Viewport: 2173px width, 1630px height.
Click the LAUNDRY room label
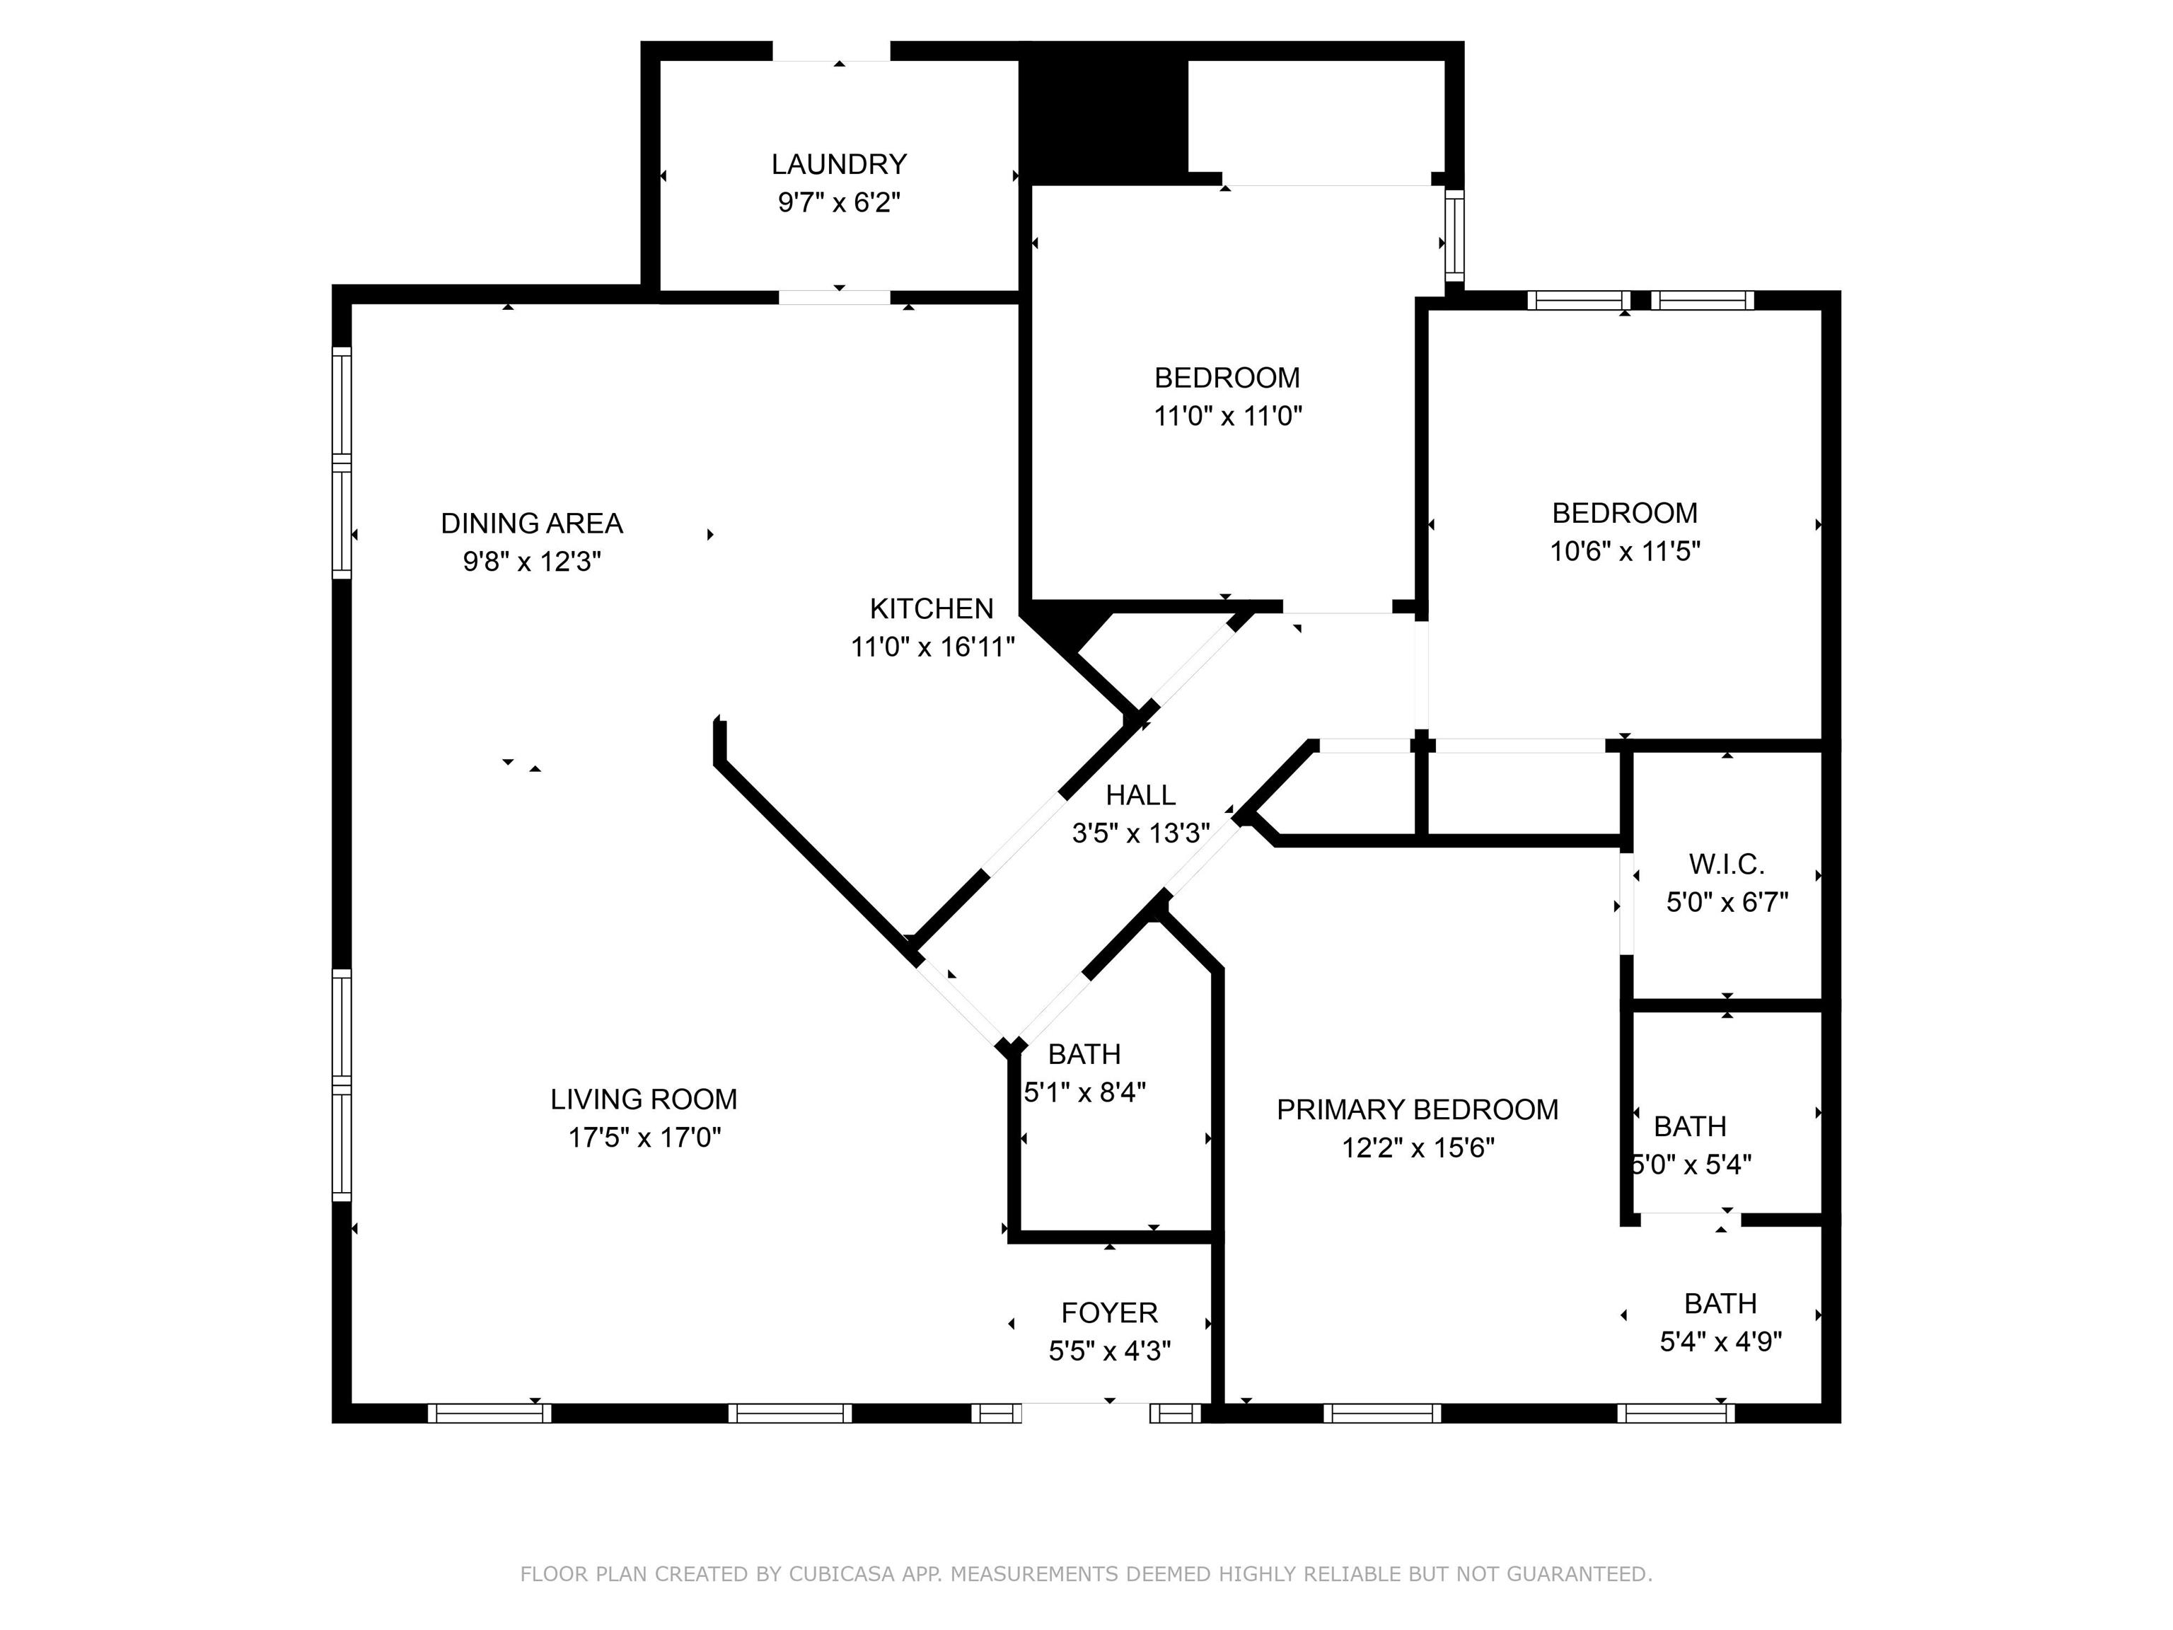pos(839,164)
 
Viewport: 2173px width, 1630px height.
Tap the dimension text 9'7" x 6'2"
pos(839,202)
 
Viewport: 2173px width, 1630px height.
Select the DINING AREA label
pos(531,524)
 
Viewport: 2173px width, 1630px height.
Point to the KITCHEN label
pos(932,609)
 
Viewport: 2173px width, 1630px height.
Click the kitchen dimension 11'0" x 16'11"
pos(932,647)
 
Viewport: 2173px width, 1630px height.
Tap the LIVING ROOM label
pos(644,1099)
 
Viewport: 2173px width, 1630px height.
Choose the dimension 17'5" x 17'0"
pos(644,1138)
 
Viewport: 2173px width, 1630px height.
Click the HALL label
pos(1140,795)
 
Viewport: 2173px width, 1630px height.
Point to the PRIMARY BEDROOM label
pos(1418,1110)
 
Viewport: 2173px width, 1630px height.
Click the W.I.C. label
pos(1727,865)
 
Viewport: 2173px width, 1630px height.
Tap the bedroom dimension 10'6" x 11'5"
pos(1625,551)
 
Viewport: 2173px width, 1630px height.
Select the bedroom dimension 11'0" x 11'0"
pos(1227,415)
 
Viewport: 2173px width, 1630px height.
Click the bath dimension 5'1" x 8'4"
pos(1084,1092)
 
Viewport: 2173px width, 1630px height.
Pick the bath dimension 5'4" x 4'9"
pos(1721,1342)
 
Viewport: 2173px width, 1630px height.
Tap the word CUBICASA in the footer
pos(842,1574)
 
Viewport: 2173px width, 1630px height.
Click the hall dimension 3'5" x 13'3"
pos(1140,833)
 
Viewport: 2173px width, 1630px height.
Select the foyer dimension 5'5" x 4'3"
pos(1109,1351)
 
